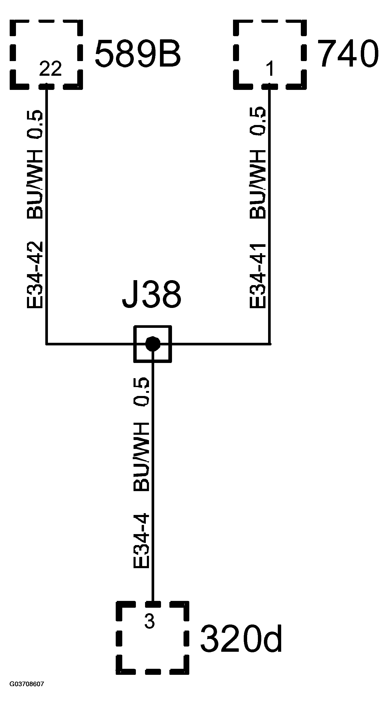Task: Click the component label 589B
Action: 137,54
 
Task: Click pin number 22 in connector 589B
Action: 50,69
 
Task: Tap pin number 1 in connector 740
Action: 270,68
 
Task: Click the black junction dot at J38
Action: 153,344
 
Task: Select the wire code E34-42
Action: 35,275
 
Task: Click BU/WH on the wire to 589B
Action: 35,184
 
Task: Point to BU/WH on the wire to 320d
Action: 142,457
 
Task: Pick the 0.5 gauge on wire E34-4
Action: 142,391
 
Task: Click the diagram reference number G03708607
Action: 27,684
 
